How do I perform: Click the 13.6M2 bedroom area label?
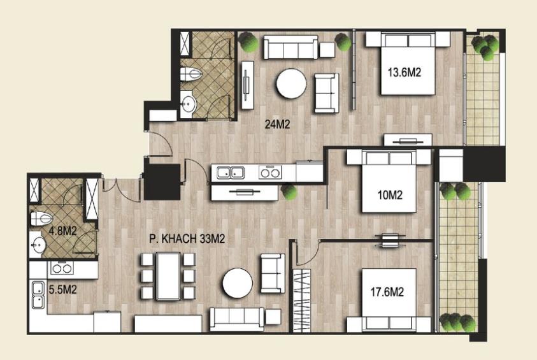pyautogui.click(x=404, y=72)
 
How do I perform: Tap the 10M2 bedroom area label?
pyautogui.click(x=390, y=195)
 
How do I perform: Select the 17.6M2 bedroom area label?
pyautogui.click(x=387, y=292)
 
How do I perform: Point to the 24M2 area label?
pyautogui.click(x=277, y=124)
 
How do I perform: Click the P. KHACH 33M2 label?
pyautogui.click(x=187, y=239)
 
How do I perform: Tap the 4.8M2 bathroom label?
pyautogui.click(x=62, y=231)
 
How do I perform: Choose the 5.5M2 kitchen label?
pyautogui.click(x=62, y=290)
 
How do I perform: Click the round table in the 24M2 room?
pyautogui.click(x=292, y=84)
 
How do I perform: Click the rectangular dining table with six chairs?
pyautogui.click(x=168, y=276)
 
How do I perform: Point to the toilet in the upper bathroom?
pyautogui.click(x=190, y=74)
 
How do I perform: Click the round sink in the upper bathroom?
pyautogui.click(x=188, y=103)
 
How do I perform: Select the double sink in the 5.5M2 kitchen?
pyautogui.click(x=38, y=294)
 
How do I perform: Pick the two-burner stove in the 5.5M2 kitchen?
pyautogui.click(x=62, y=268)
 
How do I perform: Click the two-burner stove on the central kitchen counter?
pyautogui.click(x=270, y=173)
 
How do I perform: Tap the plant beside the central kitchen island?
pyautogui.click(x=289, y=192)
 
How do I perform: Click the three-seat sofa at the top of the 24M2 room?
pyautogui.click(x=290, y=47)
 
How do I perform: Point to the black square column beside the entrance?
pyautogui.click(x=162, y=182)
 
